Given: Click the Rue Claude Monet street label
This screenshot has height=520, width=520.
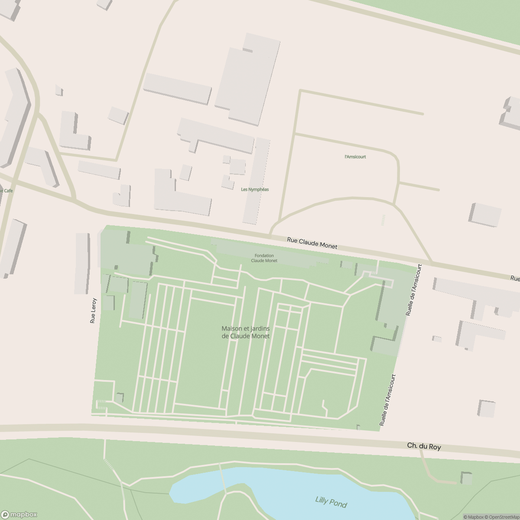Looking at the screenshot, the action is (x=312, y=243).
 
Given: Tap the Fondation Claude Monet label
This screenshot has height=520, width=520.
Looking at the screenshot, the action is (x=264, y=258).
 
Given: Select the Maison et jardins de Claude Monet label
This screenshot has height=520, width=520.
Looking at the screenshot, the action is (x=245, y=332).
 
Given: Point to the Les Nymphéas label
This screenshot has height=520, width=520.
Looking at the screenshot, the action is (x=255, y=189).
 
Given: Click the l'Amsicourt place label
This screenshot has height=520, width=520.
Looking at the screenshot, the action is (x=355, y=156).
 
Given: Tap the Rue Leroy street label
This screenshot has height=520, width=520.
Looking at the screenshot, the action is (x=93, y=311).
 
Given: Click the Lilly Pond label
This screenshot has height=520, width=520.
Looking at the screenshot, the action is (x=331, y=502).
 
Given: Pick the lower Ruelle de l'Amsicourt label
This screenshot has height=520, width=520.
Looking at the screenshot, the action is (x=388, y=401).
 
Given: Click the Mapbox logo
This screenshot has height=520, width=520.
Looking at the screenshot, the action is (x=19, y=514).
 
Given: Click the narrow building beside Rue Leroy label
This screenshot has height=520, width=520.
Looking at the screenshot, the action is (x=81, y=263).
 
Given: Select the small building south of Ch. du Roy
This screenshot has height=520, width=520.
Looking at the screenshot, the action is (x=466, y=479).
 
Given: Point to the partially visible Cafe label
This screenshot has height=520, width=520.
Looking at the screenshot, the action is (x=6, y=191).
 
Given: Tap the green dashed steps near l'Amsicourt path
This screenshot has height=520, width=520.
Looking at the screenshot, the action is (x=383, y=220).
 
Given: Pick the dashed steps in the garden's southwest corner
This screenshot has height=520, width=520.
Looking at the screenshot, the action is (x=101, y=404).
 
